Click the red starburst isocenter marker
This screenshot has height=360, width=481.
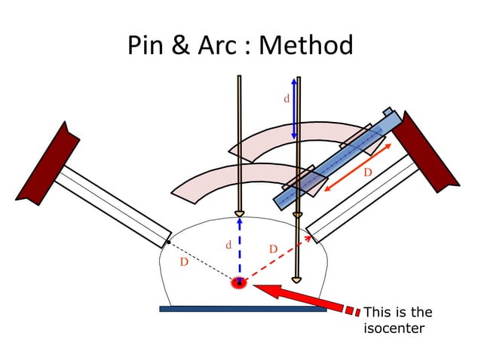pyautogui.click(x=239, y=283)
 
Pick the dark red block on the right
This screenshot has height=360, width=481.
pyautogui.click(x=425, y=151)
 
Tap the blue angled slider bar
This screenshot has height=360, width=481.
pyautogui.click(x=332, y=159)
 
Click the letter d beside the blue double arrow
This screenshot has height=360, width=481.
pyautogui.click(x=286, y=99)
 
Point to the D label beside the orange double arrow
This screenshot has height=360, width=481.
pyautogui.click(x=368, y=172)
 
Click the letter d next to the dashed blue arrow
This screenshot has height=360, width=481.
pyautogui.click(x=228, y=245)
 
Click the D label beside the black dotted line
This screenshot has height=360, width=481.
pyautogui.click(x=184, y=262)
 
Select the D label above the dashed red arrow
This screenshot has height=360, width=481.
pyautogui.click(x=273, y=249)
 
